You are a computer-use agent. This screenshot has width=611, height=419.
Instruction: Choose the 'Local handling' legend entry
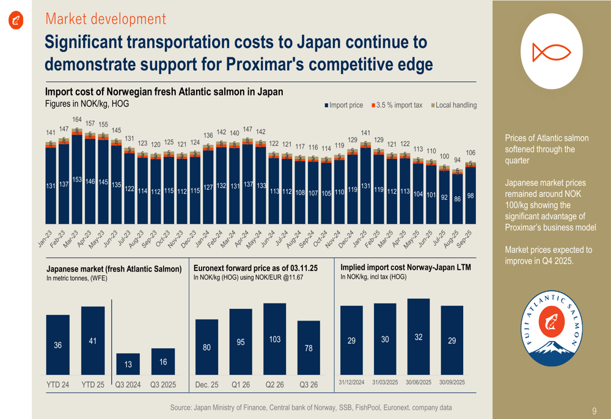(454, 105)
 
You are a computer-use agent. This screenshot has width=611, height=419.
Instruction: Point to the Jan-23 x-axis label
(46, 239)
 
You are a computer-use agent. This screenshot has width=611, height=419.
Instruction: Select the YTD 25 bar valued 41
(93, 340)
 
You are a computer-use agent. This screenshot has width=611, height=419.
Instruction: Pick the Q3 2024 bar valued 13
(128, 364)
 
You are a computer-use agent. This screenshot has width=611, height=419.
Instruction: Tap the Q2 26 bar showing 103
(274, 339)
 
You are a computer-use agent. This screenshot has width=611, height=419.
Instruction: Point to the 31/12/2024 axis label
(351, 382)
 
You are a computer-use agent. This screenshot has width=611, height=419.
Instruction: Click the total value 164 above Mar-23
(77, 119)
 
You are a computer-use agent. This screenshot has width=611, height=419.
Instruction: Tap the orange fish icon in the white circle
(552, 52)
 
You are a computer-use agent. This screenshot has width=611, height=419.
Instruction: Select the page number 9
(595, 410)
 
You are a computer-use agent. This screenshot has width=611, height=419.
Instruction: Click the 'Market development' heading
(106, 19)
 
